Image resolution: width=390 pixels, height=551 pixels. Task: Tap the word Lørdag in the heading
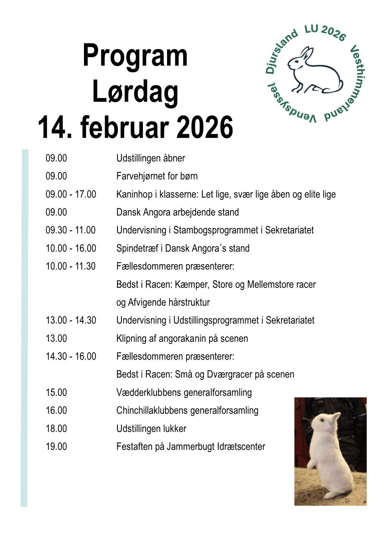[135, 92]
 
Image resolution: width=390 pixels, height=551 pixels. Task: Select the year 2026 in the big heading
[205, 127]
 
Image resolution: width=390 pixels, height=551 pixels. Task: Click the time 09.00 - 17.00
[71, 194]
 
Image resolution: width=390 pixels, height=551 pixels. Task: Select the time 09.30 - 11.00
[70, 230]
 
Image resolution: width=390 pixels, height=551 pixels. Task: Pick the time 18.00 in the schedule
[56, 429]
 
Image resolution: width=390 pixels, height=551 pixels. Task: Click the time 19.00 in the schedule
[56, 447]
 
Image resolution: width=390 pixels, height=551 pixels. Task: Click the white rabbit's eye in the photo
[322, 420]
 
